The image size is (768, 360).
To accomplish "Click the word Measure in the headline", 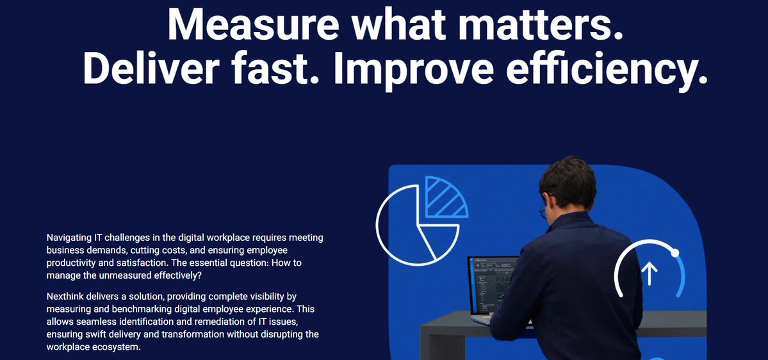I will coord(249,24).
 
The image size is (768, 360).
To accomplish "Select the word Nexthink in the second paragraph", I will coord(65,297).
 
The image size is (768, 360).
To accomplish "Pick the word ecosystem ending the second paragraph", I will coord(116,347).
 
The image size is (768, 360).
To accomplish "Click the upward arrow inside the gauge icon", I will coord(650,272).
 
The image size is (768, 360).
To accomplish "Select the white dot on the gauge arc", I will coord(675,254).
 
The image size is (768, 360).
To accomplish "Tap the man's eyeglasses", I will coord(543,209).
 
